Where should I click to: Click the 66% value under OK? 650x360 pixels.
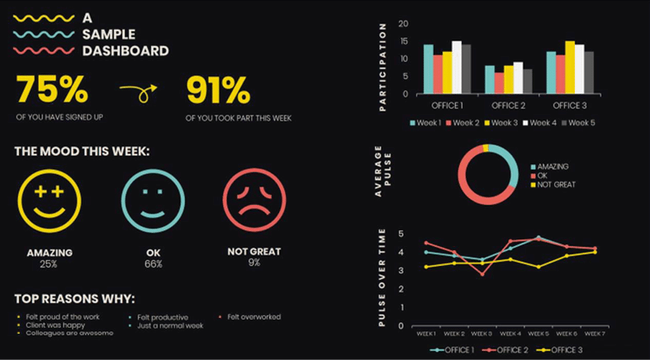(x=153, y=263)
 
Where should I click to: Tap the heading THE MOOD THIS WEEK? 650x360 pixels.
(x=83, y=152)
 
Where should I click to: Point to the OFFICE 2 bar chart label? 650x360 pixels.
(x=508, y=106)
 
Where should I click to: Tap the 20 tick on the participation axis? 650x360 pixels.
(x=403, y=23)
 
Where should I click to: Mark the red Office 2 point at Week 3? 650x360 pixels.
(x=482, y=273)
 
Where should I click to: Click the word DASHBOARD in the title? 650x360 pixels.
(x=126, y=50)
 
